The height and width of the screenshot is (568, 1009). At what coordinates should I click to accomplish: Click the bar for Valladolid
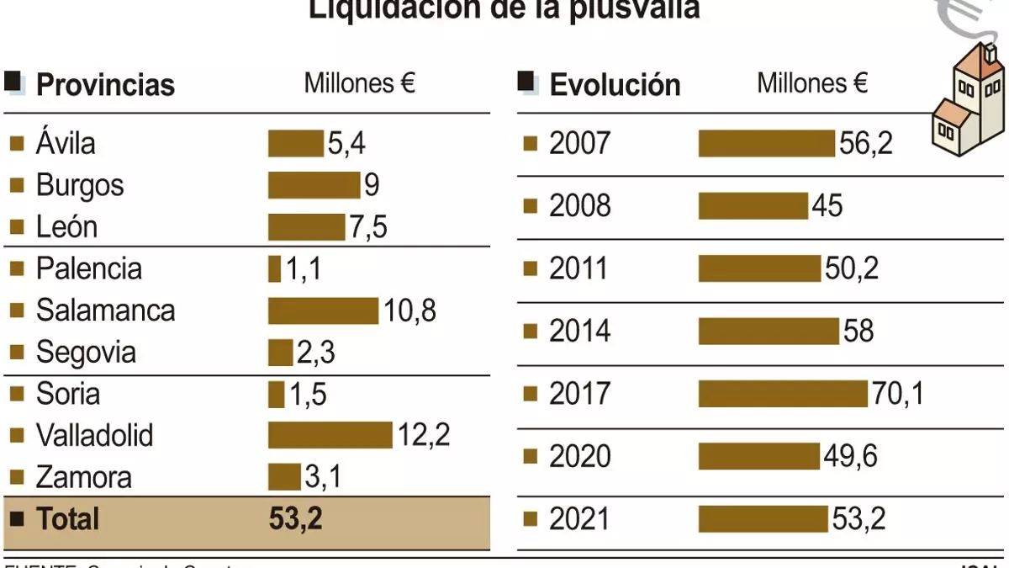pos(330,435)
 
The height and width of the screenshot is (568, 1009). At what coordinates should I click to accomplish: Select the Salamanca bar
pos(323,311)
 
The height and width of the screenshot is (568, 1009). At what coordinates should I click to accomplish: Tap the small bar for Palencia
pos(274,269)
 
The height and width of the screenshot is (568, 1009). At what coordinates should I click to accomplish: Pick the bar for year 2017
pos(782,394)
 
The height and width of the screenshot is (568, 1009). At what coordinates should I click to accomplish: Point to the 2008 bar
pos(753,206)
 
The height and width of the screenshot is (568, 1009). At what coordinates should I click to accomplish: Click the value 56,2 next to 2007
pos(865,144)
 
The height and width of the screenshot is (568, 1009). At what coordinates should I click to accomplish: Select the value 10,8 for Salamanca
pos(409,311)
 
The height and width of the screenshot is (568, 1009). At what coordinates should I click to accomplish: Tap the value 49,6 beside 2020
pos(851,456)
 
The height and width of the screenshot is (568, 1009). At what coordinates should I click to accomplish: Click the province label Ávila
pos(66,143)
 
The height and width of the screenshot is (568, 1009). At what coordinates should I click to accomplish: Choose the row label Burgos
pos(80,185)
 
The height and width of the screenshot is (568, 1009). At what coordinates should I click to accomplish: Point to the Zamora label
pos(83,477)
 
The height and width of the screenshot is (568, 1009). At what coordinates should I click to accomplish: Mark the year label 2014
pos(579,332)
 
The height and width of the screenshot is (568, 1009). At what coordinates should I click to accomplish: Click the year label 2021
pos(579,518)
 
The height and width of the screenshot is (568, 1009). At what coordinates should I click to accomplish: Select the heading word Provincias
pos(105,85)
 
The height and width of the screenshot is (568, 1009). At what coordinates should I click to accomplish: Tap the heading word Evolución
pos(615,85)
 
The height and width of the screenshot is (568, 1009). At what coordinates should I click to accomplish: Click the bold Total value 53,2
pos(295,518)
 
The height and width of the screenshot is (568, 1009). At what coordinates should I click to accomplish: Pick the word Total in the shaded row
pos(67,518)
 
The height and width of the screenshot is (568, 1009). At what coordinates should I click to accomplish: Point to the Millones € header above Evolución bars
pos(812,83)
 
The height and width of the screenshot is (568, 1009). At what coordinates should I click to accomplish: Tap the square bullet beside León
pos(16,227)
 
